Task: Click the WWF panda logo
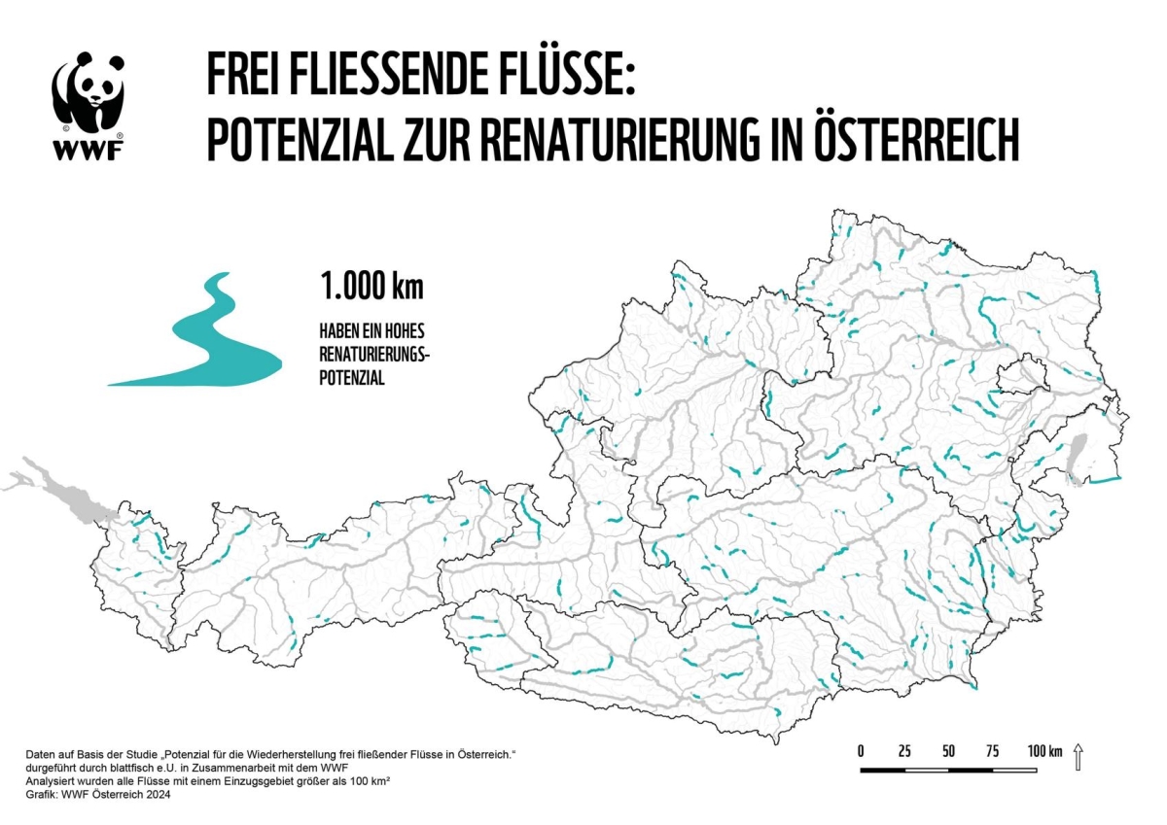point(88,92)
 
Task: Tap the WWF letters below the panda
point(88,151)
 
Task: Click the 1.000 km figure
point(371,287)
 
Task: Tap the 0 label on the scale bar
point(861,751)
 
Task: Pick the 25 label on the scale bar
point(904,751)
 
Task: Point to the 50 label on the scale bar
point(948,751)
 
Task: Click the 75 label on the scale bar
point(992,751)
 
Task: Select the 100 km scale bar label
point(1043,751)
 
